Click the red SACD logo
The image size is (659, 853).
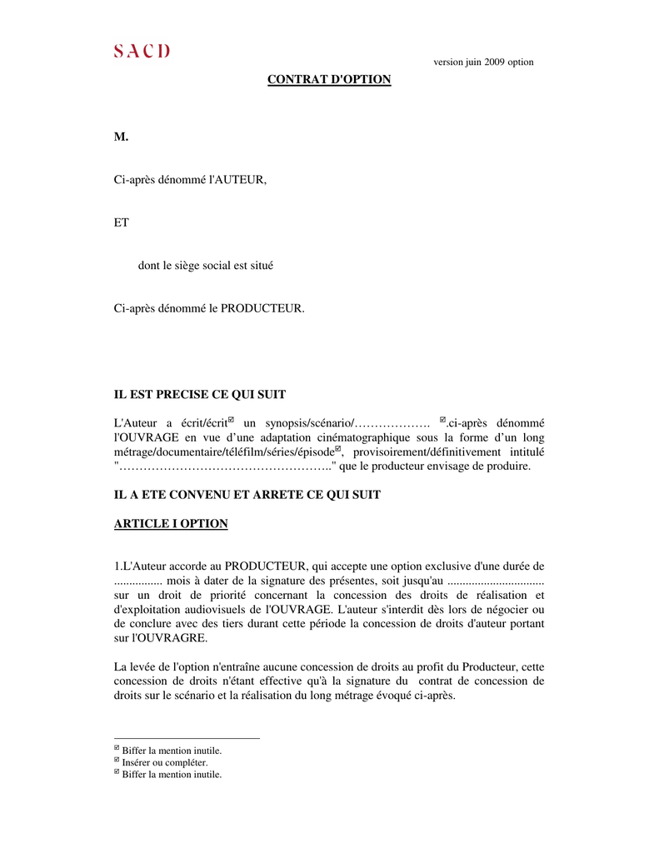(x=142, y=52)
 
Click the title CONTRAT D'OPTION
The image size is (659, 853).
(x=328, y=80)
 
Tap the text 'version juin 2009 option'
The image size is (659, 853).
(x=483, y=62)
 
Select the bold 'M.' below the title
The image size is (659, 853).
(x=121, y=137)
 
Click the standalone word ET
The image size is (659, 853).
(x=121, y=222)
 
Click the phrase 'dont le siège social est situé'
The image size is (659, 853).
(x=206, y=266)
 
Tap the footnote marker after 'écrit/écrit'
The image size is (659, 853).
(x=231, y=420)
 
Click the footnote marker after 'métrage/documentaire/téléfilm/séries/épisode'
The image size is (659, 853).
(x=338, y=448)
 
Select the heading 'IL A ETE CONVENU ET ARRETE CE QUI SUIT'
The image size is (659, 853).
(x=247, y=495)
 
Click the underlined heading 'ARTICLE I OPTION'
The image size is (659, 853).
(x=170, y=524)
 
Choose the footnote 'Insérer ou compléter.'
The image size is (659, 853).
(x=165, y=762)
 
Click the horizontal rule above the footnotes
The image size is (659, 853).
(x=187, y=738)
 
